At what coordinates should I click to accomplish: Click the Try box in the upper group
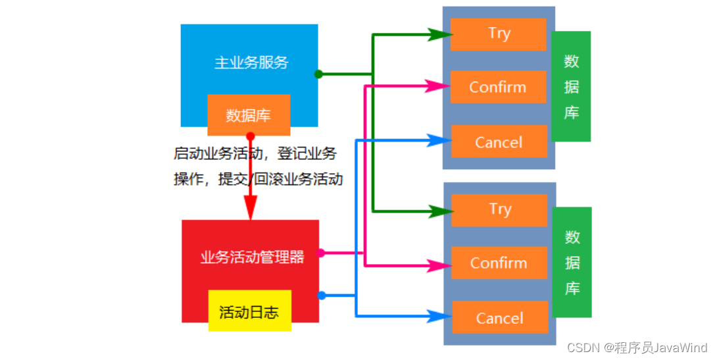click(x=499, y=34)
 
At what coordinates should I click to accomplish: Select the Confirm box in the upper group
click(x=498, y=87)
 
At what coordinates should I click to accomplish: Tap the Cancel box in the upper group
click(x=499, y=142)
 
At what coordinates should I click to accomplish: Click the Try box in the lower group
click(x=499, y=210)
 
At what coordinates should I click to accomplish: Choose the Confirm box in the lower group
click(x=499, y=263)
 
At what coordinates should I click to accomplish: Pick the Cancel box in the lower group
click(x=499, y=319)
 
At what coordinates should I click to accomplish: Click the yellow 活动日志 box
click(x=249, y=311)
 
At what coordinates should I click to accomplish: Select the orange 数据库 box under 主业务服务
click(x=249, y=115)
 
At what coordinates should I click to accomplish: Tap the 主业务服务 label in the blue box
click(x=251, y=63)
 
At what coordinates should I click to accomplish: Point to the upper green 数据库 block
click(x=571, y=86)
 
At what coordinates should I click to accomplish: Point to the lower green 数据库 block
click(x=572, y=262)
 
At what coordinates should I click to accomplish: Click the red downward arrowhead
click(x=250, y=209)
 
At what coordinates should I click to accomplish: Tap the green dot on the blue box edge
click(x=318, y=74)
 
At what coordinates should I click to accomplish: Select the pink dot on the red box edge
click(x=321, y=253)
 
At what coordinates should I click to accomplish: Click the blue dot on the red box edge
click(x=321, y=296)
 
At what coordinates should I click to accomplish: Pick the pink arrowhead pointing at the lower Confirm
click(x=440, y=267)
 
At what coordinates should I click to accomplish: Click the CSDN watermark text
click(x=637, y=347)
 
